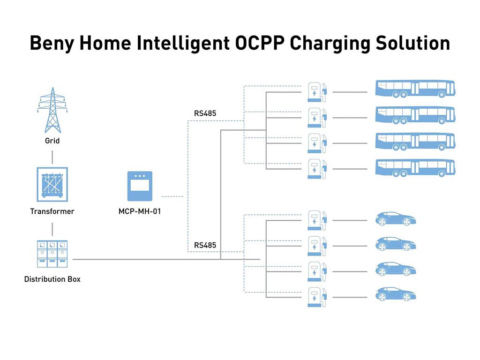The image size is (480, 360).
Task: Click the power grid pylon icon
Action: tap(52, 110)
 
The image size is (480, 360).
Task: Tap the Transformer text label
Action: tap(52, 211)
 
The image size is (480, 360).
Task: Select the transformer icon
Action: tap(52, 184)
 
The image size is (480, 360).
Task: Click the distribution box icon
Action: tap(52, 254)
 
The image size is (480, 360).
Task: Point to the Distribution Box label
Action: tap(52, 279)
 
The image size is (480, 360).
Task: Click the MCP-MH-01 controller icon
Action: tap(140, 186)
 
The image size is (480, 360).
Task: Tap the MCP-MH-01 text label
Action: tap(140, 211)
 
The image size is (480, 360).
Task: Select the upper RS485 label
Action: tap(205, 113)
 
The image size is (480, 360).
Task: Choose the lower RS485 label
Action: tap(205, 245)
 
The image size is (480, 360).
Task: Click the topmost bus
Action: tap(415, 89)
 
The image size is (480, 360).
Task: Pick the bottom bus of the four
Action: tap(415, 168)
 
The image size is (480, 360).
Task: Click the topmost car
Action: tap(396, 218)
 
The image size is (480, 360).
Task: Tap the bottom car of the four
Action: tap(396, 294)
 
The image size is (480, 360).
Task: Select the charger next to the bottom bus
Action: tap(316, 169)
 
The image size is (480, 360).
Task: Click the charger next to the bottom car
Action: tap(316, 297)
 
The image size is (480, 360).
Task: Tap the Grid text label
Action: tap(52, 141)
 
